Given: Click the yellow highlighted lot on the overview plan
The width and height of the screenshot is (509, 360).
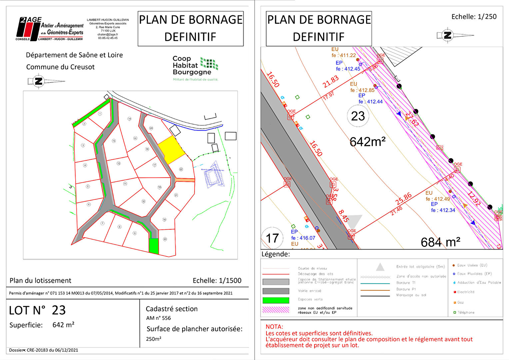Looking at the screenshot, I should pyautogui.click(x=171, y=150).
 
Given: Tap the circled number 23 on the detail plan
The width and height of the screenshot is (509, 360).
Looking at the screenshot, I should pyautogui.click(x=358, y=116).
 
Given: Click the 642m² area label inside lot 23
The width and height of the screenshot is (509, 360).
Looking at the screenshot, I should pyautogui.click(x=367, y=142).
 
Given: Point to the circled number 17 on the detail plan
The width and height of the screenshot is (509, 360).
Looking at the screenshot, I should pyautogui.click(x=272, y=238).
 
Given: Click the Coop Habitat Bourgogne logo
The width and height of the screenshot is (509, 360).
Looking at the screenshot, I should pyautogui.click(x=195, y=68).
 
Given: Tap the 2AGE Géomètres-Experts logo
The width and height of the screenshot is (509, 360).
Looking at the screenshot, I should pyautogui.click(x=50, y=29).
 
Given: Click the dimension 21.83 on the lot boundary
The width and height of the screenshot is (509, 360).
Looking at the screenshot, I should pyautogui.click(x=330, y=82).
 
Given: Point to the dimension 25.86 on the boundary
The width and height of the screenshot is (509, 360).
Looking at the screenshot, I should pyautogui.click(x=403, y=199).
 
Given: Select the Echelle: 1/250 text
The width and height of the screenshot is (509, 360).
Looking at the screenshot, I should pyautogui.click(x=474, y=17).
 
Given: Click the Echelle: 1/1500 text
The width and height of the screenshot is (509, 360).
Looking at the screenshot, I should pyautogui.click(x=217, y=281).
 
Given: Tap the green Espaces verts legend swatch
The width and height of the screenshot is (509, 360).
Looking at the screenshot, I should pyautogui.click(x=275, y=300).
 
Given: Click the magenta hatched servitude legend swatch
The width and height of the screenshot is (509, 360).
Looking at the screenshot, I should pyautogui.click(x=275, y=310).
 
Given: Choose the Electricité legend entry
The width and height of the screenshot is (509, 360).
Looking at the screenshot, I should pyautogui.click(x=465, y=292).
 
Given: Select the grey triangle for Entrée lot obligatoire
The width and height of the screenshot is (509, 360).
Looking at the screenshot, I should pyautogui.click(x=380, y=267).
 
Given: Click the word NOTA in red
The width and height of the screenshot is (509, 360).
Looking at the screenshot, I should pyautogui.click(x=274, y=327).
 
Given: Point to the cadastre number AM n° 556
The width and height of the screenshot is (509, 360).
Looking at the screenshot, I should pyautogui.click(x=159, y=318).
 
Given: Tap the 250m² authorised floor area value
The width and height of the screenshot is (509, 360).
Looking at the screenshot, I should pyautogui.click(x=154, y=339).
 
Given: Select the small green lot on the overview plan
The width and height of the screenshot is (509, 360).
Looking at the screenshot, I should pyautogui.click(x=154, y=246).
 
